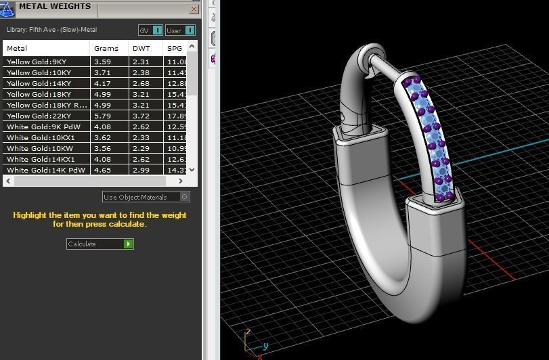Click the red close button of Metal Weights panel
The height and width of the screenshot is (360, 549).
tap(194, 9)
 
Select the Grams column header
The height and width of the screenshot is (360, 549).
tap(106, 49)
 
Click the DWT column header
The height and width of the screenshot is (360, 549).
tap(141, 49)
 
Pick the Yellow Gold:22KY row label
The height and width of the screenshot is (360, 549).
tap(39, 116)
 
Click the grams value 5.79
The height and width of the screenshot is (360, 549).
tap(102, 116)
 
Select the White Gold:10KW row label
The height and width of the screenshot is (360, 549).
tap(40, 148)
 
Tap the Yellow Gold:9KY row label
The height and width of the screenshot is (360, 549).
tap(39, 62)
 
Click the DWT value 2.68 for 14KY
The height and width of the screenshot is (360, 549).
tap(141, 83)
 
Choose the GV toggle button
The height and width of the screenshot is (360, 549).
tap(150, 30)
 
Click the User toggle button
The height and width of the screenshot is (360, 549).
tap(180, 30)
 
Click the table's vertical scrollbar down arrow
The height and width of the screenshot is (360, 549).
tap(192, 170)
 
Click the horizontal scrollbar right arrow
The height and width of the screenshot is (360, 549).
tap(181, 181)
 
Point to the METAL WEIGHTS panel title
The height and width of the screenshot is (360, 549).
tap(55, 7)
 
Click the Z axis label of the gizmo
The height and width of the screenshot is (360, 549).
tap(249, 332)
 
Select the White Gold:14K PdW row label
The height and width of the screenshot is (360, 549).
tap(46, 170)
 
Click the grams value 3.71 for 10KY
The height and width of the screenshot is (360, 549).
tap(102, 72)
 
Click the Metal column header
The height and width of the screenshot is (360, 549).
tap(18, 49)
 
